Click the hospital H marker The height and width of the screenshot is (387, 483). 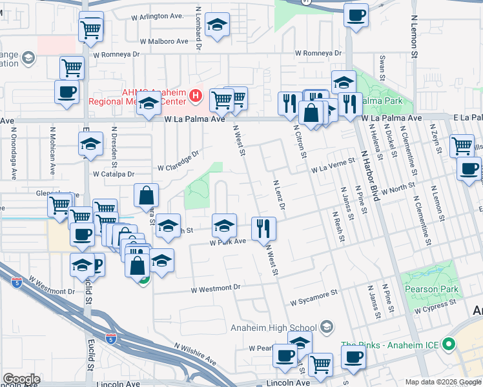click(x=196, y=97)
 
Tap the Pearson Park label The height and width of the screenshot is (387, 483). click(x=431, y=289)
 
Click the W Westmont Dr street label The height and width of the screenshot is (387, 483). click(x=215, y=288)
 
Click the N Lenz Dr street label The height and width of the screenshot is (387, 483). click(x=279, y=195)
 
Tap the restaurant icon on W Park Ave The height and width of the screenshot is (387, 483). click(x=263, y=228)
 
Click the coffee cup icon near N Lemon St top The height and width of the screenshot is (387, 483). click(x=355, y=15)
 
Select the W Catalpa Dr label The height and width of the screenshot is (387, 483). click(x=113, y=174)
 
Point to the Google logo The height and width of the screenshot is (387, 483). click(x=21, y=379)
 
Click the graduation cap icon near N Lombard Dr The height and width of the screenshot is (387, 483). click(x=217, y=26)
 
